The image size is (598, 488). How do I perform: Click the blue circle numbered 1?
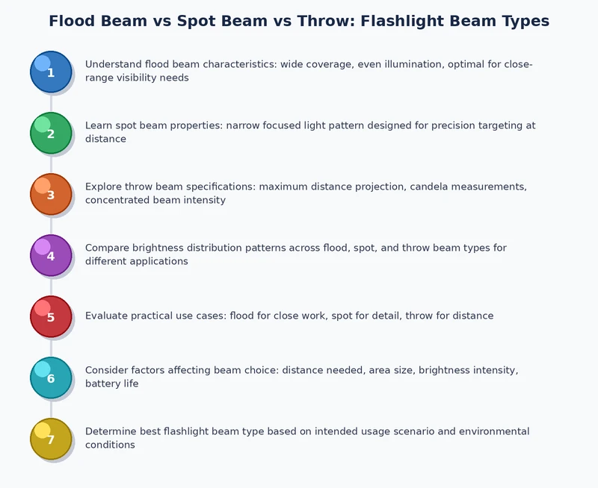(x=51, y=72)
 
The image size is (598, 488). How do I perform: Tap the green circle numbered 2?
(x=51, y=133)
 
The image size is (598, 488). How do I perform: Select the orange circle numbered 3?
(x=51, y=194)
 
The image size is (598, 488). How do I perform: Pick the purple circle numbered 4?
(x=51, y=255)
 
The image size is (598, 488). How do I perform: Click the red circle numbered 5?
(x=51, y=316)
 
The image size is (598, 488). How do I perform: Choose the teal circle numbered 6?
(x=51, y=378)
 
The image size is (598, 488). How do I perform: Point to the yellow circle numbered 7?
(x=51, y=439)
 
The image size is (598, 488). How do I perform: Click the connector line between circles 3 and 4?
(x=51, y=225)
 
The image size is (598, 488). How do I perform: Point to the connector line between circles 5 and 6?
(x=51, y=347)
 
